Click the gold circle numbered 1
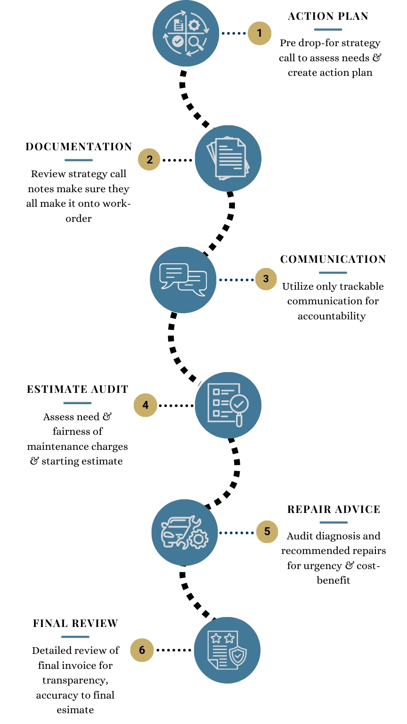[259, 33]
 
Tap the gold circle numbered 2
[149, 159]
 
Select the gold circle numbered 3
[266, 279]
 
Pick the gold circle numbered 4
[145, 405]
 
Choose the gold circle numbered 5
[267, 532]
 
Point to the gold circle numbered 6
[142, 650]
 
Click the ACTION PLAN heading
[328, 16]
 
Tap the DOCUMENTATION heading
[79, 147]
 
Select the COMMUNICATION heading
[333, 260]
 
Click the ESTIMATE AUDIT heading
[78, 390]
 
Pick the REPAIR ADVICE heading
[334, 510]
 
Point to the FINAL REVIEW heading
[75, 624]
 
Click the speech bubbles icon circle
[183, 280]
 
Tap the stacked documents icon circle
[228, 158]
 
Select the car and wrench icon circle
[185, 533]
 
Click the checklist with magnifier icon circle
[228, 405]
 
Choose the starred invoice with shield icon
[227, 650]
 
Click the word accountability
[332, 316]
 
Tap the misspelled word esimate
[75, 710]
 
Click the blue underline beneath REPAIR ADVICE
[334, 522]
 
